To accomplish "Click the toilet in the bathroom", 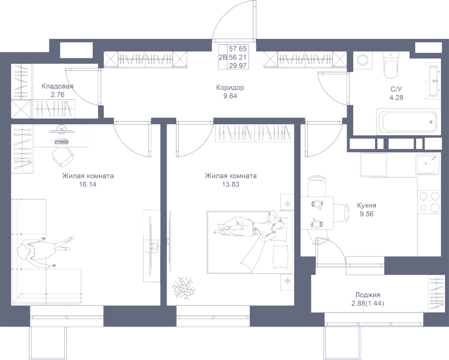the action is (x=390, y=65).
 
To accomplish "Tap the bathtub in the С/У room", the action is (x=408, y=122).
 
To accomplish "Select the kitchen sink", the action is (x=428, y=164).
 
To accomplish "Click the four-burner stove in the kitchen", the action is (x=429, y=202).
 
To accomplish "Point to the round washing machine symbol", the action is (x=363, y=60).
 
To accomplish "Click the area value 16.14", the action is (x=88, y=184).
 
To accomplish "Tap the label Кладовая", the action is (x=57, y=86).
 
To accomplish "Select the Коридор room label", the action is (x=230, y=87).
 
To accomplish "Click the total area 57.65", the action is (x=237, y=49).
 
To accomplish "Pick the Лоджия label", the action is (x=368, y=295).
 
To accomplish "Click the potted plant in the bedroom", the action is (x=184, y=287).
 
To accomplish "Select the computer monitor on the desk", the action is (x=61, y=130).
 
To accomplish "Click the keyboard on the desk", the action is (x=61, y=141).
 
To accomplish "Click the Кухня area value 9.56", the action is (x=367, y=214).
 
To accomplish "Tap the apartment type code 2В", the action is (x=223, y=57).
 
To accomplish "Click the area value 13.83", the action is (x=230, y=184).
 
